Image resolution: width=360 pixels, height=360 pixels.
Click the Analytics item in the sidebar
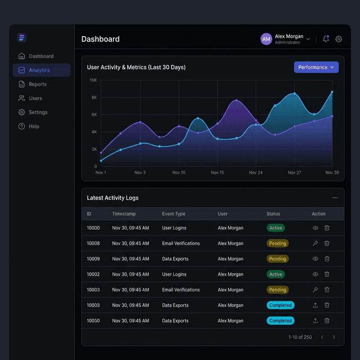[x=39, y=70]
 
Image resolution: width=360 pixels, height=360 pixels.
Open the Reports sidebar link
[x=38, y=84]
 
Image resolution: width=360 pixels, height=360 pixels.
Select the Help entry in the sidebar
[x=34, y=127]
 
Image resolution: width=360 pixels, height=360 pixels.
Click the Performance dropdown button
[x=316, y=67]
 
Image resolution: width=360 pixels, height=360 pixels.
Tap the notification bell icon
[x=326, y=39]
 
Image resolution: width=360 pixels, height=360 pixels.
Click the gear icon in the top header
[x=339, y=39]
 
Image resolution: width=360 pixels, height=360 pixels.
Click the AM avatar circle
[x=266, y=39]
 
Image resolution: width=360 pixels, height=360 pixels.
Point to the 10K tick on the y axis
[x=93, y=80]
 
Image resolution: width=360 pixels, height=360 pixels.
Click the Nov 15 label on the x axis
[x=217, y=173]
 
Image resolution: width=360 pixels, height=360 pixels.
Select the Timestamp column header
[x=124, y=214]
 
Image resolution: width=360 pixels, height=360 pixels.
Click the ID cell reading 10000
[x=93, y=228]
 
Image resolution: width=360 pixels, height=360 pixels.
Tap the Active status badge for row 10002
[x=276, y=274]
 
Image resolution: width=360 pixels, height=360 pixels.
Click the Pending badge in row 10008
[x=277, y=244]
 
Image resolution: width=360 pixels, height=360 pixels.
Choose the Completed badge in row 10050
[x=280, y=321]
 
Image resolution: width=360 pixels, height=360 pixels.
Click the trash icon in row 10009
[x=327, y=259]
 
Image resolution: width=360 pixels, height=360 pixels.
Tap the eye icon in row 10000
[x=316, y=228]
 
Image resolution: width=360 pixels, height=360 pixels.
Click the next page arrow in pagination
[x=334, y=337]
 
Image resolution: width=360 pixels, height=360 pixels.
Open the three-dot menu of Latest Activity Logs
[x=335, y=198]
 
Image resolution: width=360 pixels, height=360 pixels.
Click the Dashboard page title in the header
[x=100, y=39]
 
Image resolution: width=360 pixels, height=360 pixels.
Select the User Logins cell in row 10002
[x=174, y=274]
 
